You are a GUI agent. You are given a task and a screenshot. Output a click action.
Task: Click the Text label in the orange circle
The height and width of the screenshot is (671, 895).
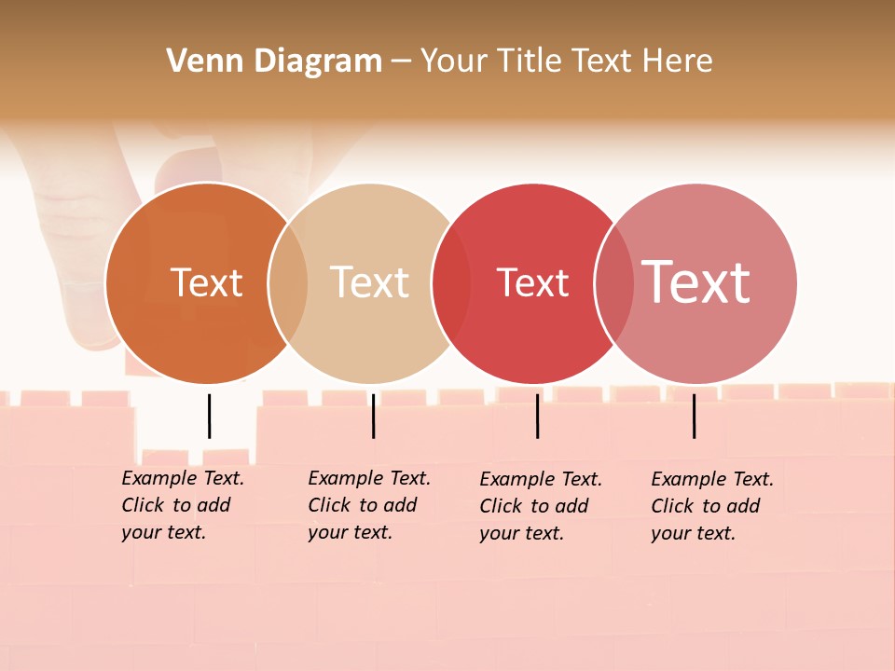pos(206,282)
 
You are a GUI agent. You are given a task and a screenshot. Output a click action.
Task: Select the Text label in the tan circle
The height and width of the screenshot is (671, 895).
pos(370,282)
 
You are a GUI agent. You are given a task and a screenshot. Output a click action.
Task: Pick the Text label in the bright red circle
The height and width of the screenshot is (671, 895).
pos(532,282)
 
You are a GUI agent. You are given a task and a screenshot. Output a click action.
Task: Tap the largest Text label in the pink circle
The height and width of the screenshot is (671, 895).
pos(696,281)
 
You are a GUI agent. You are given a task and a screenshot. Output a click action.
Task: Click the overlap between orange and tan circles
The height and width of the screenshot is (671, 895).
pos(288,282)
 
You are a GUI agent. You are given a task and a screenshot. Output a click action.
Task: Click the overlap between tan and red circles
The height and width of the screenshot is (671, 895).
pos(451,282)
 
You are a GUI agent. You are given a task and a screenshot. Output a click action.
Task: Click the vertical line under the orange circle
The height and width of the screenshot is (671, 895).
pos(209,416)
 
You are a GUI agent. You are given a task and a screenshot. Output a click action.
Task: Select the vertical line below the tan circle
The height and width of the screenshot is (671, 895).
pos(373,416)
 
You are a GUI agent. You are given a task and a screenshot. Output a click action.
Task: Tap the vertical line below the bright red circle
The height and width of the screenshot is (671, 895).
pos(537,416)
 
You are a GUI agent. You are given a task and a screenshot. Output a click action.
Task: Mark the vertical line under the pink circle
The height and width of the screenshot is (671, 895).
pos(694,416)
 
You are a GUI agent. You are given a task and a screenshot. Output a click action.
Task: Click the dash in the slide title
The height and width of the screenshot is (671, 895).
pos(401,62)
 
